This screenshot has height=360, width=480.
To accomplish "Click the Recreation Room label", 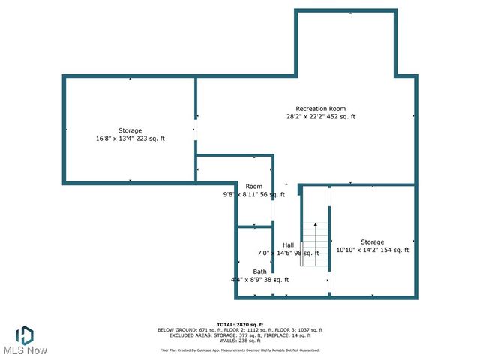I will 320,109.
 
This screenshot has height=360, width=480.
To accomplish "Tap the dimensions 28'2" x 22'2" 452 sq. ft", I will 320,117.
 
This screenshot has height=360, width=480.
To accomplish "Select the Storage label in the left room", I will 130,130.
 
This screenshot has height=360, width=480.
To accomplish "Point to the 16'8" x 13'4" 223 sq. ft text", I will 130,139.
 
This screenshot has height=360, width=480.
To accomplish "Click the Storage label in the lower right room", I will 372,241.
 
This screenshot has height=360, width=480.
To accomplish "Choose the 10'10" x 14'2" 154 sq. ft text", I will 372,250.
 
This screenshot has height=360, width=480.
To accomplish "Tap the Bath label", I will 259,271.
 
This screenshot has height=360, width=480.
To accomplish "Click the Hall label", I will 288,245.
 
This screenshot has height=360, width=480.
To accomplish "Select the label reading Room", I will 254,186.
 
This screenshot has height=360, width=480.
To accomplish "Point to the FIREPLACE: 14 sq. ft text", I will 291,335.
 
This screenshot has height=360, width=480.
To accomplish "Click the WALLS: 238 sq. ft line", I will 239,340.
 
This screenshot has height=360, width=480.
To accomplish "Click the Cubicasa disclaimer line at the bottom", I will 239,350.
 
